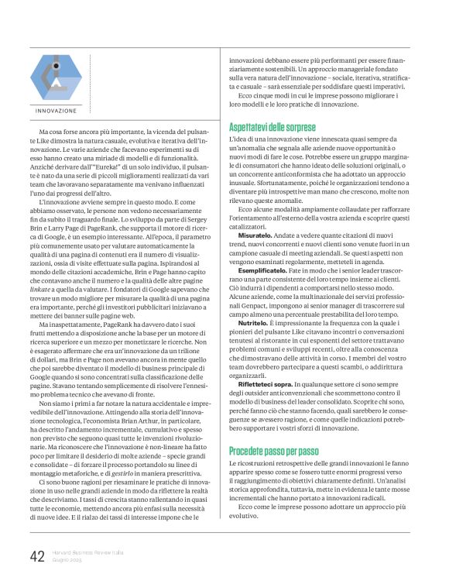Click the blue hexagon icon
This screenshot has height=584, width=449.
tap(56, 78)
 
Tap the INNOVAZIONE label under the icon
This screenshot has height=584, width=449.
tap(56, 111)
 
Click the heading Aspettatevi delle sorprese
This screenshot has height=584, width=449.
tap(272, 125)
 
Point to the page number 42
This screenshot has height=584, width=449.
tap(37, 556)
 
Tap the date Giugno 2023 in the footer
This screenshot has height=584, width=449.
tap(70, 561)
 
